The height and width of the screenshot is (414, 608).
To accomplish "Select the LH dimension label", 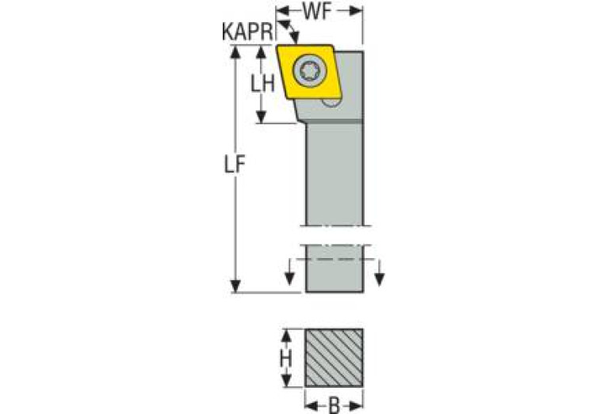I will (x=263, y=83).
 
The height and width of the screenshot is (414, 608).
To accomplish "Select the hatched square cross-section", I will (x=334, y=358).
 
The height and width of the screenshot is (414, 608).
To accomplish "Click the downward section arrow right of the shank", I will (x=380, y=278).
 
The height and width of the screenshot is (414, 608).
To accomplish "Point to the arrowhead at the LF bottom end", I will (x=235, y=286).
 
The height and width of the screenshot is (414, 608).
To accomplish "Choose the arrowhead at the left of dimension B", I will (x=310, y=406).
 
